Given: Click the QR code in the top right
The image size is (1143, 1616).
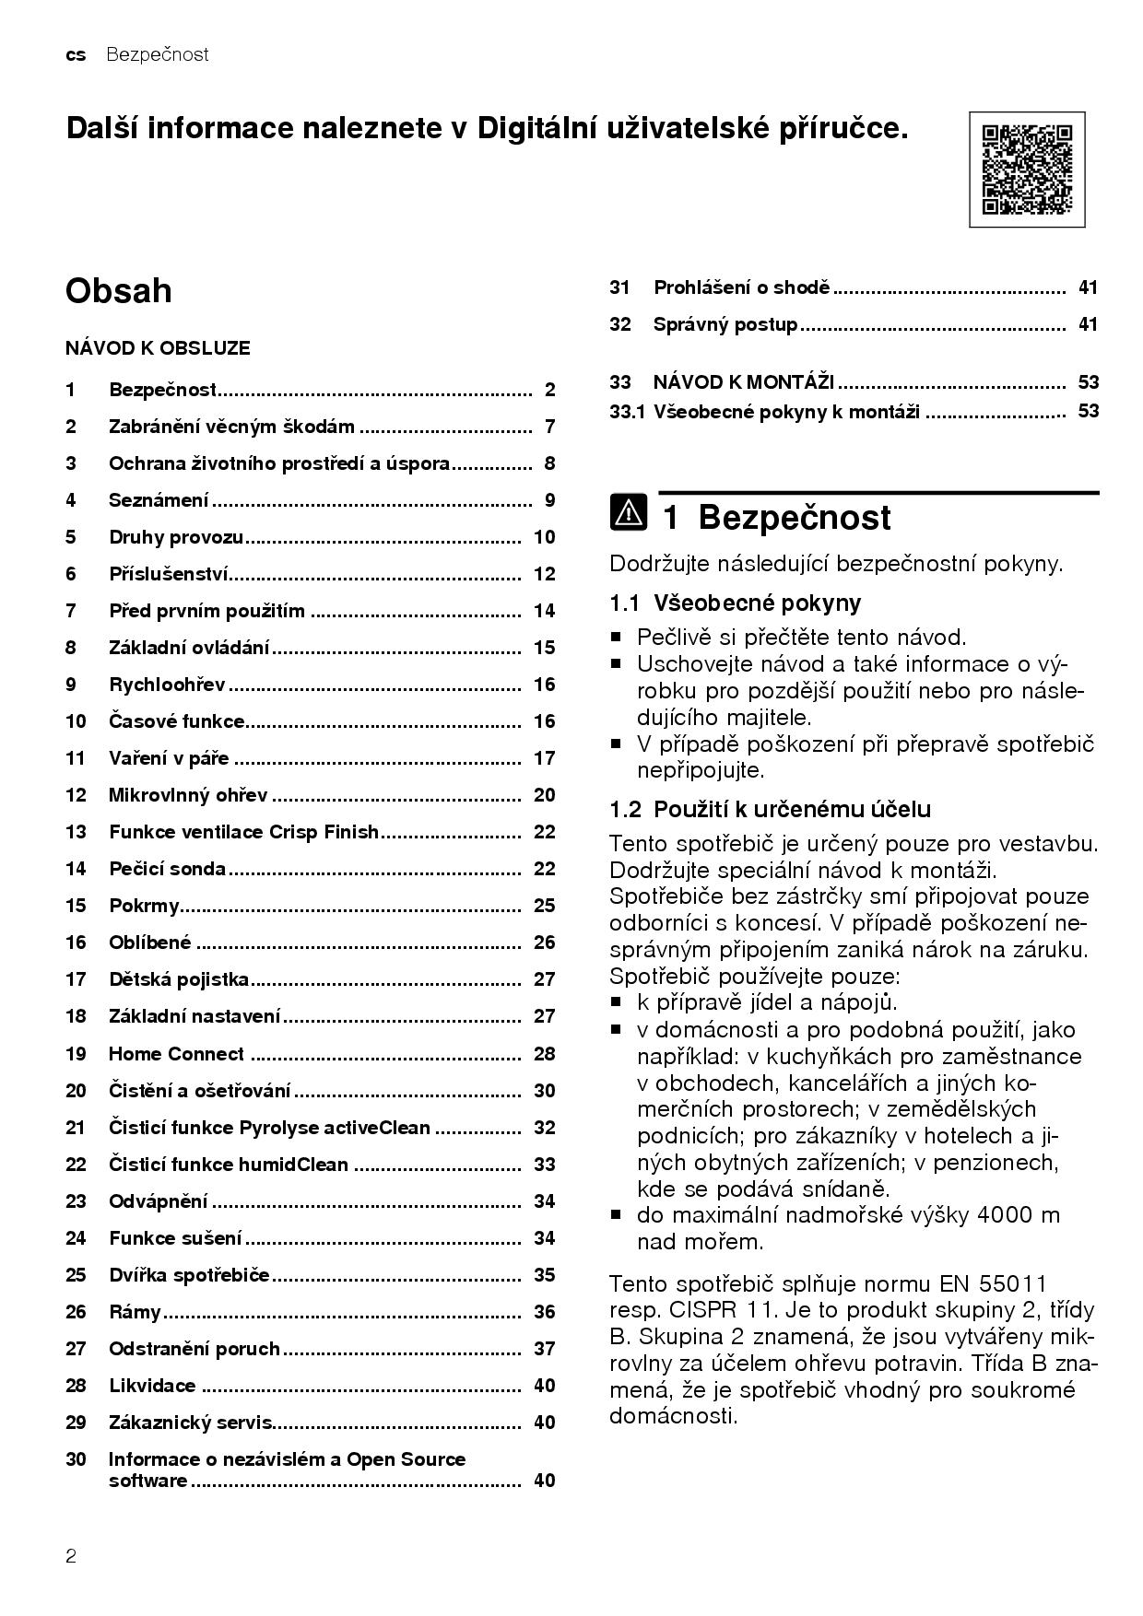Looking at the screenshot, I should (x=1027, y=170).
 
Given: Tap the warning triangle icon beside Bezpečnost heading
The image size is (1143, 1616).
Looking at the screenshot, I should (x=628, y=512).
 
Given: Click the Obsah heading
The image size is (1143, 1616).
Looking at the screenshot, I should (x=118, y=290).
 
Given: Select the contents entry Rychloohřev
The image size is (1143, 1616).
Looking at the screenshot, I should (x=167, y=685).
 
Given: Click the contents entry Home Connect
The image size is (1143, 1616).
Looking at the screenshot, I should (x=176, y=1054).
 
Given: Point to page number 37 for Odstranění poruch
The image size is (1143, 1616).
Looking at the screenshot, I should (x=544, y=1349).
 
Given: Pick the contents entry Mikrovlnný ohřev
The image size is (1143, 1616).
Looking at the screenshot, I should (x=188, y=795).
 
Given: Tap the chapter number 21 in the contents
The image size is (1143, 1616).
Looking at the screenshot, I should (x=76, y=1128).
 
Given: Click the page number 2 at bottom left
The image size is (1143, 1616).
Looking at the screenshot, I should (x=71, y=1557).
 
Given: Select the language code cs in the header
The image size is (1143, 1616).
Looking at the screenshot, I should (x=76, y=55).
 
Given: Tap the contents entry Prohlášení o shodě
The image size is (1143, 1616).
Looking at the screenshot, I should (x=741, y=287).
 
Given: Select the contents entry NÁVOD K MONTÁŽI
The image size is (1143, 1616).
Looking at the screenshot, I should (x=743, y=382).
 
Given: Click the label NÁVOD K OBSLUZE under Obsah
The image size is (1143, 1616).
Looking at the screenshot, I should (x=158, y=348).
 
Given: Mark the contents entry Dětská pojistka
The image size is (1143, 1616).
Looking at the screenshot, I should (x=179, y=979).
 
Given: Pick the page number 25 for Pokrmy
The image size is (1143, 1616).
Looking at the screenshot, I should (x=544, y=906).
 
